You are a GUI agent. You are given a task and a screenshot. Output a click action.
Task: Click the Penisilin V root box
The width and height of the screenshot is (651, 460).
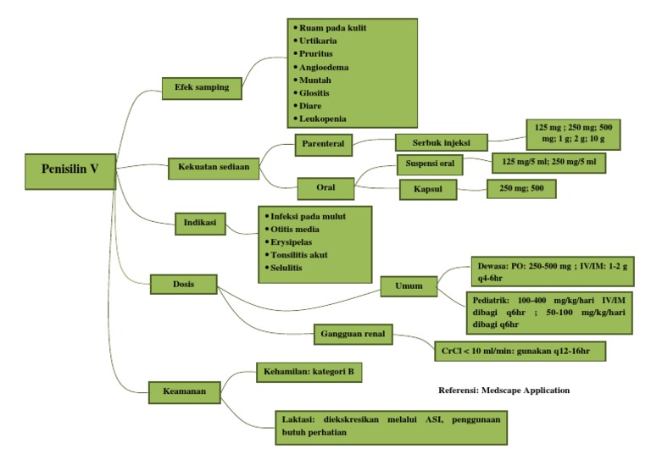point(70,169)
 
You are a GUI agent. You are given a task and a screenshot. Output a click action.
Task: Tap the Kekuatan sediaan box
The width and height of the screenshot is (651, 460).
point(213,166)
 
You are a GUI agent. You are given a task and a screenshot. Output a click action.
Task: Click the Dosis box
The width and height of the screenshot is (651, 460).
point(183,285)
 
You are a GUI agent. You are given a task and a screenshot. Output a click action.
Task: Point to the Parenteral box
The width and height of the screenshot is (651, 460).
point(323,144)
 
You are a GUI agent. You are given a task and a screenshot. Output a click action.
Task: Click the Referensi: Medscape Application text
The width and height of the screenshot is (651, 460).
point(504,391)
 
